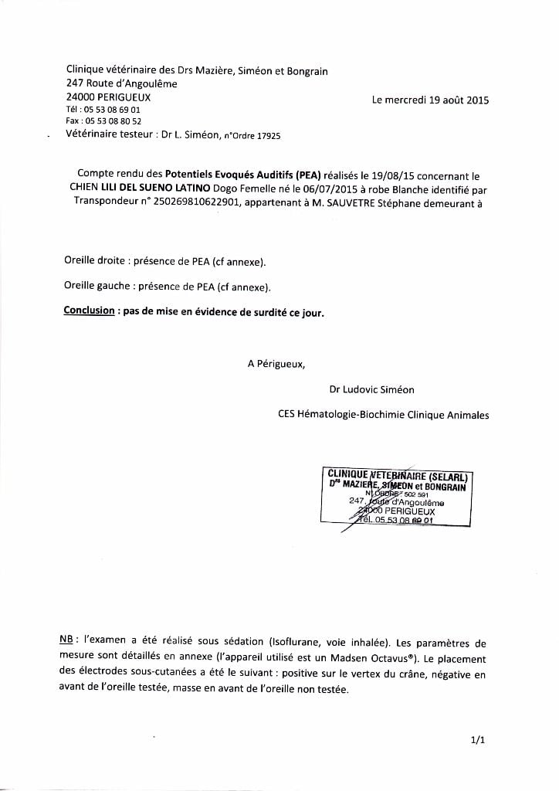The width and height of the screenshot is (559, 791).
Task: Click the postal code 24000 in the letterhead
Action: point(81,97)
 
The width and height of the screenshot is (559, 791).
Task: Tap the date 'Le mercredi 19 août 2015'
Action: point(430,100)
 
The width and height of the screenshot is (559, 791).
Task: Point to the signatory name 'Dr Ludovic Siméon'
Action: point(377,389)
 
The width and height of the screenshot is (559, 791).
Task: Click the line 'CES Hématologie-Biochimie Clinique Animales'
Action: point(383,415)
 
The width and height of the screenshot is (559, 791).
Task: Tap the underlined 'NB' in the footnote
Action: point(67,641)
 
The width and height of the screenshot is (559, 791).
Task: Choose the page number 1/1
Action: point(477,740)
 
